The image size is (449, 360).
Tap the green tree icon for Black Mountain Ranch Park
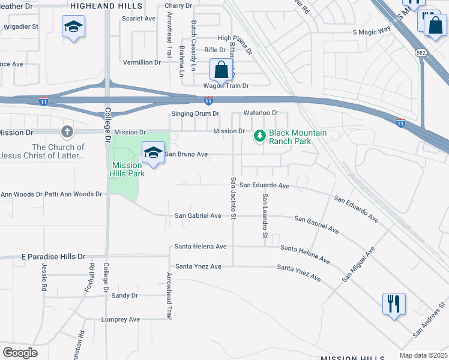tap(259, 137)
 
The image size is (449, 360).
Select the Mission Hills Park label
tap(126, 169)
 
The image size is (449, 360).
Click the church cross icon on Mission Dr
tap(67, 131)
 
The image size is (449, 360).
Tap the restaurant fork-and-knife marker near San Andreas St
tap(394, 304)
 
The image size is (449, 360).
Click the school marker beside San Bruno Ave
tap(153, 154)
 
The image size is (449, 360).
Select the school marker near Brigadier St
tap(73, 27)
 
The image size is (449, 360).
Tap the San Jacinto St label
tap(233, 199)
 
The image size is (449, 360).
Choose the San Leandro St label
tap(264, 215)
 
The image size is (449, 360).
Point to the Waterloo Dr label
tap(261, 113)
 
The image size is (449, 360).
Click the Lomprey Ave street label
tap(120, 319)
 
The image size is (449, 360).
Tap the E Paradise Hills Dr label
tap(53, 256)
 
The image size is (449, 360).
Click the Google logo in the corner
tap(20, 353)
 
